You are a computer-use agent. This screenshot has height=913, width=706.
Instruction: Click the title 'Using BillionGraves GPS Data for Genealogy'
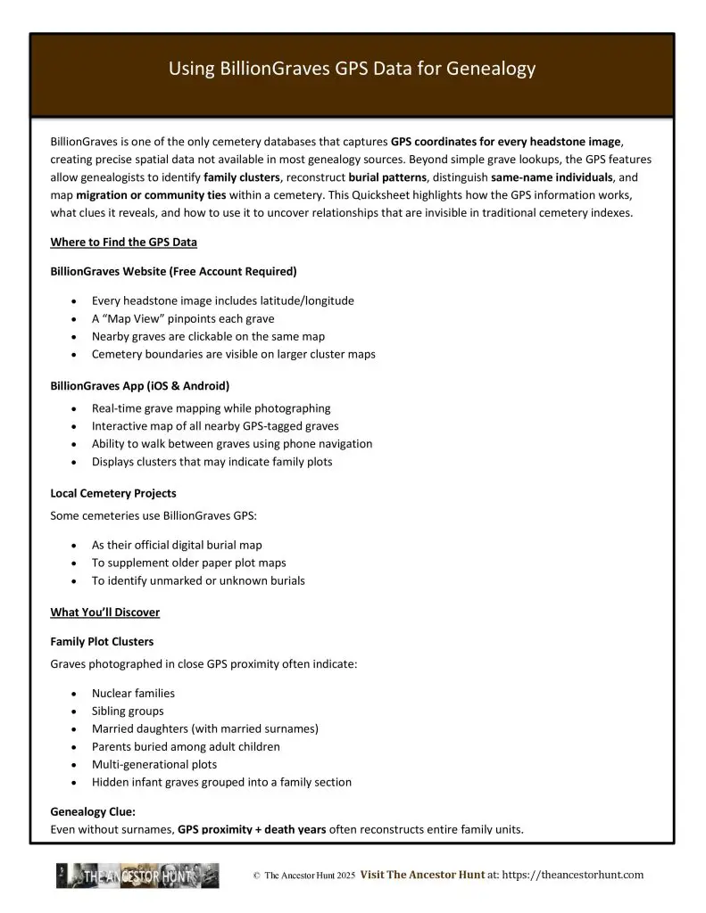tap(352, 69)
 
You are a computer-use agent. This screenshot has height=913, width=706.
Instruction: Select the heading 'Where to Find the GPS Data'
tap(123, 242)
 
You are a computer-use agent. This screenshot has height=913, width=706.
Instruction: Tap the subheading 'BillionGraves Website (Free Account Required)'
tap(173, 270)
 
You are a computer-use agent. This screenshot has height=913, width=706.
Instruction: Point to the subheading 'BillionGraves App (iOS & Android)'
tap(139, 386)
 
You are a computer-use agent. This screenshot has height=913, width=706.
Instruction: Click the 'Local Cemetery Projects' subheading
tap(113, 493)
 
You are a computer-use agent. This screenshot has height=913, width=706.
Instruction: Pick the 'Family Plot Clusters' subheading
tap(102, 641)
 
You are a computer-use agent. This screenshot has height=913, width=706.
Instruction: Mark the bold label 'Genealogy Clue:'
tap(93, 812)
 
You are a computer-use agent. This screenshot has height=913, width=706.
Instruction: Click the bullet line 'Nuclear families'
tap(133, 693)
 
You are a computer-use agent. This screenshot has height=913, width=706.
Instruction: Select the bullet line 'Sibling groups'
tap(128, 711)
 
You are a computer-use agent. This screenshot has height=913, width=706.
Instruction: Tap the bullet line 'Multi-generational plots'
tap(154, 764)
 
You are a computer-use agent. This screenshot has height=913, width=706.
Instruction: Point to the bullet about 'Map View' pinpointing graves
tap(182, 318)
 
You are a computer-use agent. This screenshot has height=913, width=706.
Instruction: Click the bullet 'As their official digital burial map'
tap(177, 545)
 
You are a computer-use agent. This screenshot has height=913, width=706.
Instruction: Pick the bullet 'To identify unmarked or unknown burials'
tap(198, 580)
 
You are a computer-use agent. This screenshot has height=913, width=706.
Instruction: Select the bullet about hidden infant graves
tap(221, 782)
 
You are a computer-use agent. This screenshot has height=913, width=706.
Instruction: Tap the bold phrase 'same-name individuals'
tap(552, 177)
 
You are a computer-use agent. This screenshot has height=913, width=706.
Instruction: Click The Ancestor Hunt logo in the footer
tap(137, 876)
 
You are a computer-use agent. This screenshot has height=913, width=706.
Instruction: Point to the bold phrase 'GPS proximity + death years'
tap(252, 829)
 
